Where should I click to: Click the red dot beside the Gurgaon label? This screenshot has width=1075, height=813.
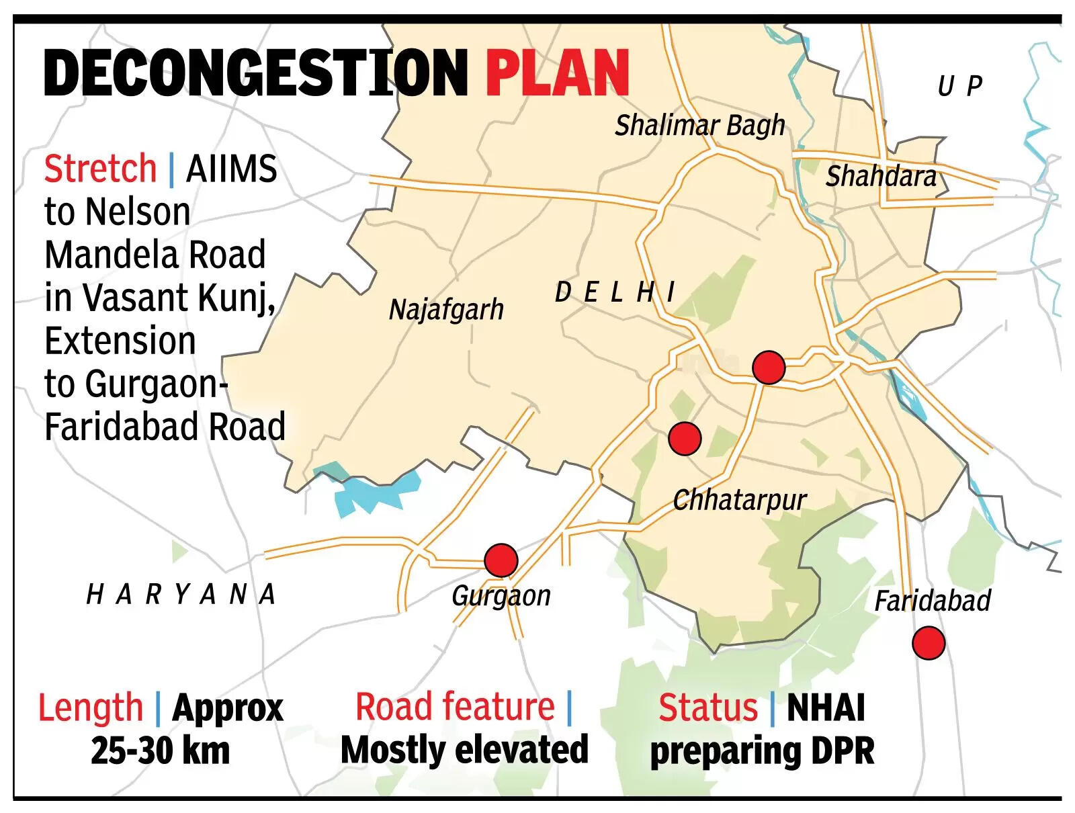point(501,560)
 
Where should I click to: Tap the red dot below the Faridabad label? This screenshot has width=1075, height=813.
point(929,642)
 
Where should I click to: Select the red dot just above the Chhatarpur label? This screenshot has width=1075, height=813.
point(685,438)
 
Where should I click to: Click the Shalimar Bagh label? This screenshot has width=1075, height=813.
point(699,126)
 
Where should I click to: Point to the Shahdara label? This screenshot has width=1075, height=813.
point(881,177)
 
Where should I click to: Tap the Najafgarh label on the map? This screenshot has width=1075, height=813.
point(446,310)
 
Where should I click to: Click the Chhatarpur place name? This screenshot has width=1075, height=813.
point(739,501)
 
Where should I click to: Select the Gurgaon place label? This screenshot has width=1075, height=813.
point(501,596)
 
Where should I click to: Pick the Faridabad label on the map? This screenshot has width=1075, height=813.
point(933,601)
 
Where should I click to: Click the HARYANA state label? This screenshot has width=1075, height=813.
point(181,595)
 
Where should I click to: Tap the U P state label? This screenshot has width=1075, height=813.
point(959,86)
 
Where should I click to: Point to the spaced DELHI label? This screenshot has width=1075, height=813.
point(615,293)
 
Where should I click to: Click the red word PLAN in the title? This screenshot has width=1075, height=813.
point(557,73)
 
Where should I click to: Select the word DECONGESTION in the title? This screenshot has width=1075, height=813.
point(255,73)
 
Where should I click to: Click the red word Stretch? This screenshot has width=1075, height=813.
point(100,168)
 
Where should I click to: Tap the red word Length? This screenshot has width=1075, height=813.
point(91,708)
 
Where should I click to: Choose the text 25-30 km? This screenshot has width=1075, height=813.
point(161,751)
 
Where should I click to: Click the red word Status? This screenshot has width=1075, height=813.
point(708,708)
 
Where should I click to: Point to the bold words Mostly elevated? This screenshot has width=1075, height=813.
point(464,750)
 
